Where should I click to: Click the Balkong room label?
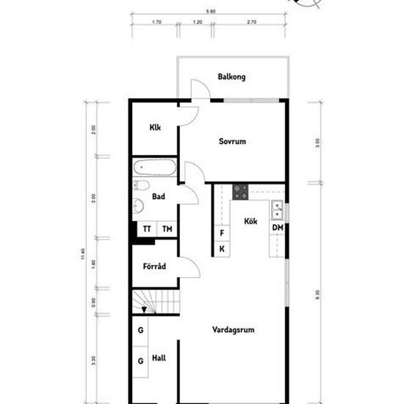231,77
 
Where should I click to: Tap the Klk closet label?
155,128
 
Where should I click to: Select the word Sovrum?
231,142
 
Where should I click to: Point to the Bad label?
158,196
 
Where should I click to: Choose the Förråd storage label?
154,265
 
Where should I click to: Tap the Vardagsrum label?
233,330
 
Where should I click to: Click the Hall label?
158,358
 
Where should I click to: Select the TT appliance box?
147,229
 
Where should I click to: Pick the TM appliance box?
167,229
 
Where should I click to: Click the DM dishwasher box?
278,229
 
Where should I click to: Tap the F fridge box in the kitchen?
222,234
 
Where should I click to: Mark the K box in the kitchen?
222,249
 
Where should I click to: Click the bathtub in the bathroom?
155,168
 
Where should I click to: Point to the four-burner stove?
240,192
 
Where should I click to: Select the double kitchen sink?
278,210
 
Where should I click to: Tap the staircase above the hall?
156,301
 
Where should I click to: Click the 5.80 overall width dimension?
211,12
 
